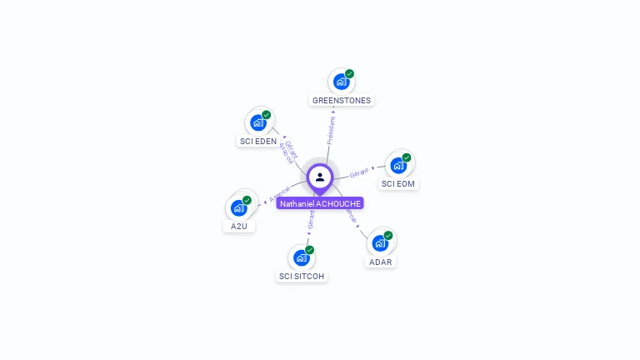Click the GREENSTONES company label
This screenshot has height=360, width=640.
(x=342, y=100)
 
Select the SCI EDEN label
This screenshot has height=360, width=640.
(x=258, y=141)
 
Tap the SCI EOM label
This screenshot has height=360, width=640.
(x=398, y=183)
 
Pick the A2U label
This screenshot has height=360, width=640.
(x=239, y=226)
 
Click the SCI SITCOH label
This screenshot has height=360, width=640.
(x=302, y=276)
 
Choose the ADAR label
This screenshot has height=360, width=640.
(x=380, y=262)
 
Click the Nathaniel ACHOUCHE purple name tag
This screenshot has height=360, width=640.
(x=320, y=203)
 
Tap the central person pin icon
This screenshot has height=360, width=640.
(x=320, y=177)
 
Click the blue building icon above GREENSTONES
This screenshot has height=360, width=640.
(x=341, y=82)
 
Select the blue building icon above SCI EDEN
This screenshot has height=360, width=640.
(x=257, y=122)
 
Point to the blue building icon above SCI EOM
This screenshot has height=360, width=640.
(x=397, y=165)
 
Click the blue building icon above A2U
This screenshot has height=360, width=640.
(x=238, y=207)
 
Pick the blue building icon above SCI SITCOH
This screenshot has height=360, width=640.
(x=301, y=257)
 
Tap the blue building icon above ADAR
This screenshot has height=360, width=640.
(x=379, y=243)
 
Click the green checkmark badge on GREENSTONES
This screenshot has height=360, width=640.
(x=350, y=73)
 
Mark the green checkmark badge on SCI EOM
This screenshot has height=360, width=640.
(x=407, y=157)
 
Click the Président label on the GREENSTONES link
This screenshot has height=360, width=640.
(x=332, y=130)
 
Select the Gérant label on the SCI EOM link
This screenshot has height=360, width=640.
(x=359, y=172)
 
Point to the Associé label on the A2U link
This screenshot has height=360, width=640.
(x=280, y=193)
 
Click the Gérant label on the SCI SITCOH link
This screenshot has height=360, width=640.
(x=312, y=219)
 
